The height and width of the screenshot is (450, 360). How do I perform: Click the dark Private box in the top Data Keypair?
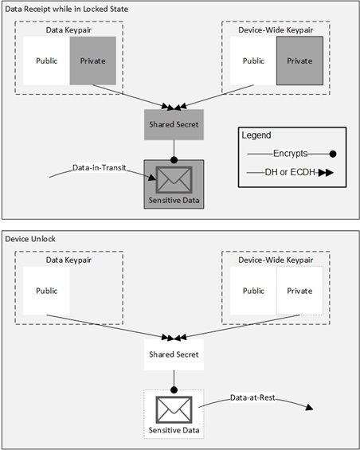(93, 61)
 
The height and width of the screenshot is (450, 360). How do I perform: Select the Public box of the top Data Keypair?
(46, 61)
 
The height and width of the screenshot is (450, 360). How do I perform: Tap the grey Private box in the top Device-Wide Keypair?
(299, 61)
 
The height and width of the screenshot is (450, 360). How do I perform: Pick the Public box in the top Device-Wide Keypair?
(253, 61)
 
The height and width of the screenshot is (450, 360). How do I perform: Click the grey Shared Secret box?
(174, 124)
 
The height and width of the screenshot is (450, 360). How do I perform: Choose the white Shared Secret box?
(174, 354)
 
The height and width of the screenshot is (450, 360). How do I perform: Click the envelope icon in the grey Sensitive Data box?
(174, 180)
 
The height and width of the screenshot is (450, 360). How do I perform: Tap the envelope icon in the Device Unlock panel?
(174, 410)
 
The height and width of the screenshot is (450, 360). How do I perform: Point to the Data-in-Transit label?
(99, 167)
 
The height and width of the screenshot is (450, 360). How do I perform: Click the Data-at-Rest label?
(252, 397)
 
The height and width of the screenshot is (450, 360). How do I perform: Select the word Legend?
(256, 135)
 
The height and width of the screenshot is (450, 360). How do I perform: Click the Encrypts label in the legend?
(290, 154)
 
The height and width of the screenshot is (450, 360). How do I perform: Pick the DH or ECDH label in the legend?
(290, 172)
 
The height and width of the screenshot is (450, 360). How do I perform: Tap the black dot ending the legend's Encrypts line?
(333, 154)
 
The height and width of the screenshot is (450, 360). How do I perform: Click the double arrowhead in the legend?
(326, 173)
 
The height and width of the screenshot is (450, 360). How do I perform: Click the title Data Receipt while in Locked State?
(67, 10)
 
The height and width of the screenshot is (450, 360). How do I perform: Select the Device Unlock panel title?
(30, 239)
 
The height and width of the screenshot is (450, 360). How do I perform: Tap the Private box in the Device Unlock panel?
(299, 291)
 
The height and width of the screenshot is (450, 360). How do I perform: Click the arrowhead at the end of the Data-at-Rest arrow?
(310, 407)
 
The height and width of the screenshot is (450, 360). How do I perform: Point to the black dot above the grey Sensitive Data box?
(174, 160)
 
